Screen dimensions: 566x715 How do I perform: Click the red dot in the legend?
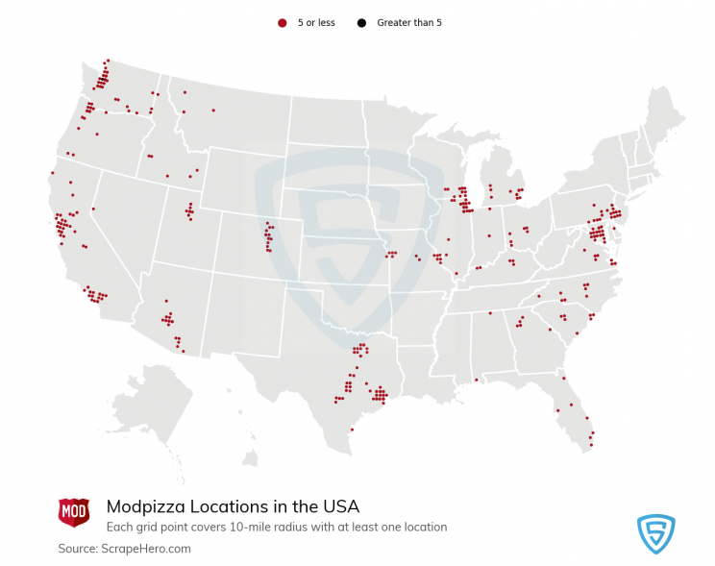click(x=282, y=22)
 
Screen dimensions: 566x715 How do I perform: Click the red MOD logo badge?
click(x=74, y=511)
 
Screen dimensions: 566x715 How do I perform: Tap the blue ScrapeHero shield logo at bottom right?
click(x=656, y=533)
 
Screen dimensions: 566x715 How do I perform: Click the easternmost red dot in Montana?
click(x=213, y=111)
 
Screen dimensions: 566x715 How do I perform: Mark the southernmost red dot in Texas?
click(x=352, y=430)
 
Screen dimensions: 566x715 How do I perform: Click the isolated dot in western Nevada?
click(x=93, y=209)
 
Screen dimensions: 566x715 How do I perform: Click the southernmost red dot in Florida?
click(x=591, y=447)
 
